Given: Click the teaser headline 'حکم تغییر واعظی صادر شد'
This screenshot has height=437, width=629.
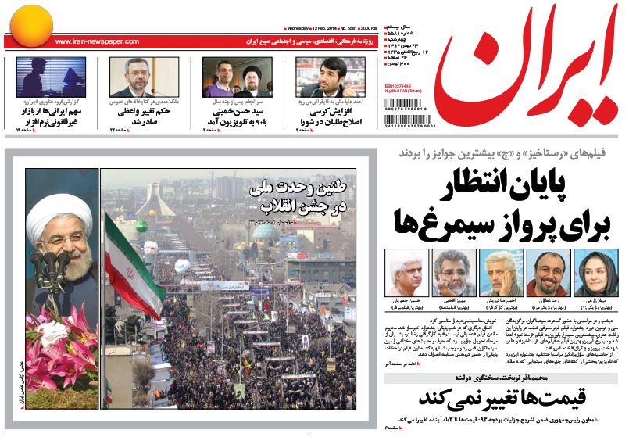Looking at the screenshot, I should point(153,116).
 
